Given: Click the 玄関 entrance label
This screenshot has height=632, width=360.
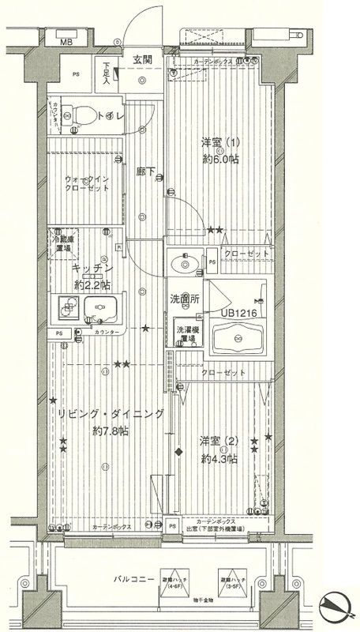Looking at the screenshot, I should (x=142, y=59).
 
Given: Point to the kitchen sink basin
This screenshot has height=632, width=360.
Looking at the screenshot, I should (x=99, y=309).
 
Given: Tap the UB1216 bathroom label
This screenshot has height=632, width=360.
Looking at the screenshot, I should (x=238, y=313).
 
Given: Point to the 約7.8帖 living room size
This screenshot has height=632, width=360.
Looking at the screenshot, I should (x=109, y=431).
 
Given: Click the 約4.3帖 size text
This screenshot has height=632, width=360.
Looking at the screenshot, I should (x=219, y=457).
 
